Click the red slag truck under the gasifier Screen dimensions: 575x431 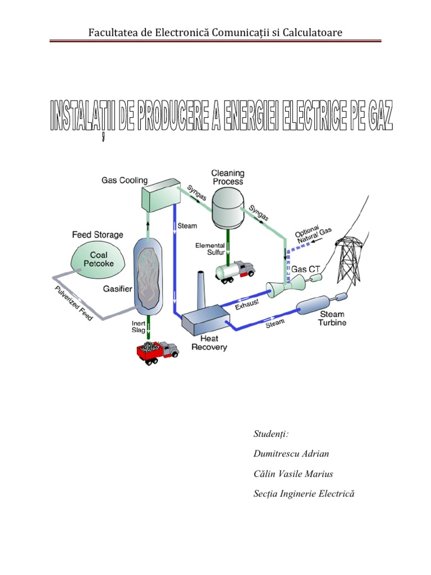(157, 352)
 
